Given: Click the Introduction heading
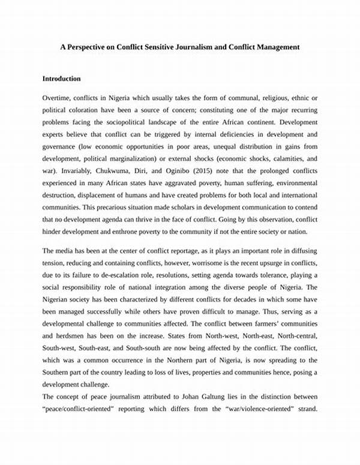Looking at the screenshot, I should pyautogui.click(x=62, y=79).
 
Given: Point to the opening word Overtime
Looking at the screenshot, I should pyautogui.click(x=58, y=97).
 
